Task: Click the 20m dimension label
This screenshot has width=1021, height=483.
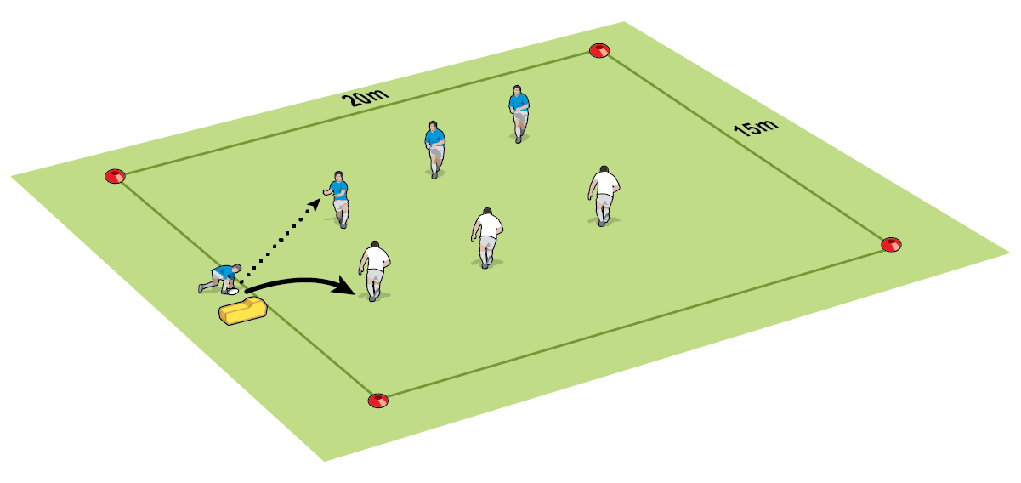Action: click(x=366, y=97)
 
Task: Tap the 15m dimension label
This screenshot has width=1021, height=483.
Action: click(x=756, y=128)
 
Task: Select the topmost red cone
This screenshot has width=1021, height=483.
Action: click(x=599, y=50)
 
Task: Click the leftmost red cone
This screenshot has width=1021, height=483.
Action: click(x=115, y=176)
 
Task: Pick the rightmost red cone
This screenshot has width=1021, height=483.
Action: click(x=891, y=244)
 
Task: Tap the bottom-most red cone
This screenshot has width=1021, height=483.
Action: click(x=377, y=401)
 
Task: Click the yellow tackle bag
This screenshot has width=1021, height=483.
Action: click(x=243, y=310)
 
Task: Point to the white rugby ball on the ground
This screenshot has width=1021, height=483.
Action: click(x=233, y=292)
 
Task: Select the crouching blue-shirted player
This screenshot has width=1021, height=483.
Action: click(x=219, y=279)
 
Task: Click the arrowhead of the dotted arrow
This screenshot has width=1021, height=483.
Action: click(x=315, y=204)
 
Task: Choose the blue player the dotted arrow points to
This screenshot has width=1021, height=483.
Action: click(x=337, y=199)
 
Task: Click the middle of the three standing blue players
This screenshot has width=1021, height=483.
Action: click(x=434, y=150)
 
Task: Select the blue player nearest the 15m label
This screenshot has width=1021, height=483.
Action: click(x=519, y=114)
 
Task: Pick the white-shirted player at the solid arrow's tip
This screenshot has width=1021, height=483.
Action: click(x=374, y=271)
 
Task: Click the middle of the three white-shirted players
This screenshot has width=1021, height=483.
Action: click(x=487, y=237)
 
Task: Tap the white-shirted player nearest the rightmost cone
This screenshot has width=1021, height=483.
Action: click(x=604, y=196)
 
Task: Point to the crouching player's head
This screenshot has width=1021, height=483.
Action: click(x=236, y=268)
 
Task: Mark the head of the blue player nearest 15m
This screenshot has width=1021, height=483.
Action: click(x=516, y=89)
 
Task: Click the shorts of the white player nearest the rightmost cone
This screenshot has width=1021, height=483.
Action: click(x=604, y=201)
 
